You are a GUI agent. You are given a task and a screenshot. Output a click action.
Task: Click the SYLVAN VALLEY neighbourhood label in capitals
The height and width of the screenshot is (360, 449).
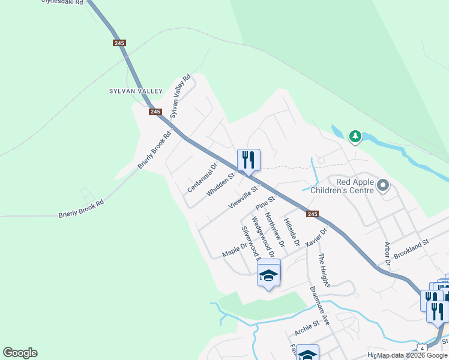(x=136, y=91)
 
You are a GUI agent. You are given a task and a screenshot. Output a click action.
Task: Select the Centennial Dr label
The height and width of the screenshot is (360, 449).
(x=202, y=178)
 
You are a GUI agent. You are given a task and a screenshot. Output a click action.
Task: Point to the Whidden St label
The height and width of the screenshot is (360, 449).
(x=220, y=185)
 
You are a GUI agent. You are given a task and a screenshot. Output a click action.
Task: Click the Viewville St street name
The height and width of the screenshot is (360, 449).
(x=243, y=197)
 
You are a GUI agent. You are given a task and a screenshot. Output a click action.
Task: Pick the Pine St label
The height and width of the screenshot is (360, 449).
(x=265, y=202)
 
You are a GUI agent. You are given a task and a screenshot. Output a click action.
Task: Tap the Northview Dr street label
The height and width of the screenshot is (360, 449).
(x=274, y=230)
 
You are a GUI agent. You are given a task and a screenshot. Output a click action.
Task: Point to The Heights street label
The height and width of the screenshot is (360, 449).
(x=324, y=271)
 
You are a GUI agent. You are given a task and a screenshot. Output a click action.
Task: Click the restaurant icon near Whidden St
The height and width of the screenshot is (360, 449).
(x=249, y=160)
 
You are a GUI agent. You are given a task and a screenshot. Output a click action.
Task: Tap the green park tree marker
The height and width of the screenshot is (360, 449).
(x=355, y=137)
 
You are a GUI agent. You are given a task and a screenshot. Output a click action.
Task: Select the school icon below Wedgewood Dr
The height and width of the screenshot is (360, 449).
(x=268, y=275)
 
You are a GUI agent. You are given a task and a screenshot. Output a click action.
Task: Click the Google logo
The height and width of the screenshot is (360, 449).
(x=20, y=353)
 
